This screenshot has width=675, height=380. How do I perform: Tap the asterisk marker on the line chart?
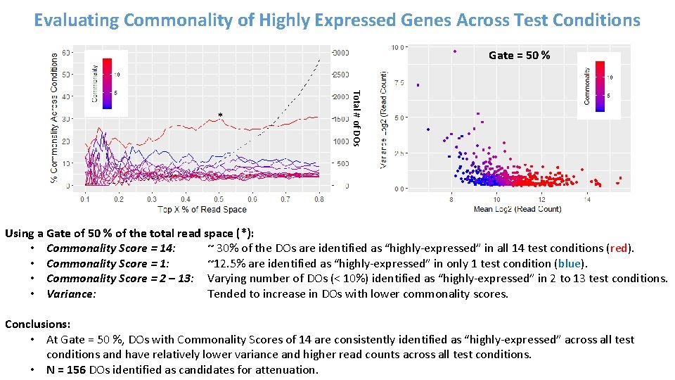coord(220,115)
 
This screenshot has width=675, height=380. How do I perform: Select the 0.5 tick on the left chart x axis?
coord(219,199)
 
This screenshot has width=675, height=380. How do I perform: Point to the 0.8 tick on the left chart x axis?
coord(319,199)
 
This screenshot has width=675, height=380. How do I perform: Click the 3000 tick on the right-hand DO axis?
coord(340,53)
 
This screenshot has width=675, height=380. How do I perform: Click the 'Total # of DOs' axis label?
coord(356,118)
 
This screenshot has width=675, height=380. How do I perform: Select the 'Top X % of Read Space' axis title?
coord(202,209)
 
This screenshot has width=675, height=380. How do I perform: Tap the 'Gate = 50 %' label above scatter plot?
coord(520,55)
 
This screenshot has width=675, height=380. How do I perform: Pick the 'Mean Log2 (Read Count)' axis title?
coord(517,209)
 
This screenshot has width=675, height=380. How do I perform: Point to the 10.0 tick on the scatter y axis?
coord(397,48)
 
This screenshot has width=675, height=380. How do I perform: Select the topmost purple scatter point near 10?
coord(455,51)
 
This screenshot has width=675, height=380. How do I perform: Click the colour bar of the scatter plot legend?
coord(600,86)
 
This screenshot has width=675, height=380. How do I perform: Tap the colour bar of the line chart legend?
coord(108,84)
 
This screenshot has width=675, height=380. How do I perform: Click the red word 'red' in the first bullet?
coord(619,248)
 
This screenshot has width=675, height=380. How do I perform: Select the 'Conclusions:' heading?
coord(37,324)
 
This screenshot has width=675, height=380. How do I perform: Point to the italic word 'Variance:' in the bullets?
coord(71,293)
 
